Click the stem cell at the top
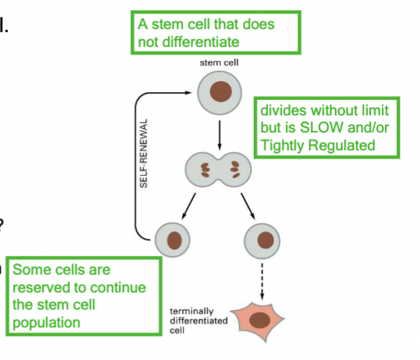(x=220, y=93)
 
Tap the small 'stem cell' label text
(x=220, y=63)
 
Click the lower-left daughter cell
(x=176, y=240)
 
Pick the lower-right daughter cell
(x=265, y=240)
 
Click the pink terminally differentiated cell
(x=261, y=318)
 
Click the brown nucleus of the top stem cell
(x=220, y=93)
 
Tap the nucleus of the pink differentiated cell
(x=261, y=320)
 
